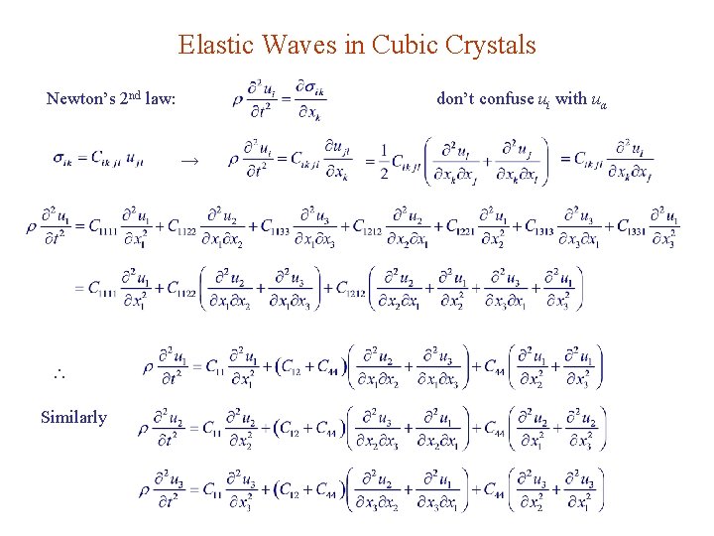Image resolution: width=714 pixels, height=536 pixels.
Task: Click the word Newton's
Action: pos(78,99)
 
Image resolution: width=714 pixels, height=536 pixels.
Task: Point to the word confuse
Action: pos(504,99)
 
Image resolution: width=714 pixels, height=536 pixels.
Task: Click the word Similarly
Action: pos(73,417)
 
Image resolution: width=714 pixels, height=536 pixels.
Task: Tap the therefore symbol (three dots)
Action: pos(57,375)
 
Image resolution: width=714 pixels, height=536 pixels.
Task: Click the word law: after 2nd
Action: pos(160,99)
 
